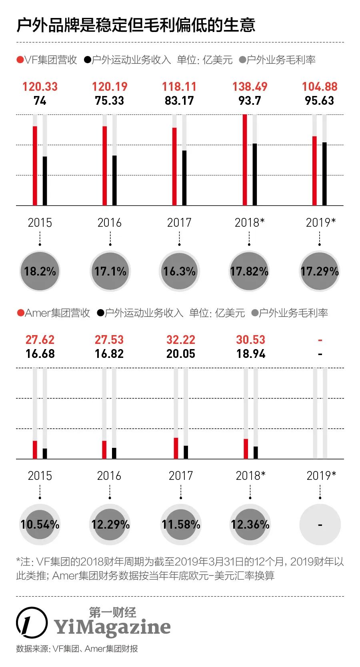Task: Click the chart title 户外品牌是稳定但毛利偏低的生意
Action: [136, 25]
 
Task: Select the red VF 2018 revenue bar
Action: [245, 160]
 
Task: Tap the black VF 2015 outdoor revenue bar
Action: [45, 181]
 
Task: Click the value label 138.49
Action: [250, 86]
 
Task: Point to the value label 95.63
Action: [319, 100]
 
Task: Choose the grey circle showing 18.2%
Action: [40, 272]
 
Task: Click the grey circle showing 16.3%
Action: [179, 272]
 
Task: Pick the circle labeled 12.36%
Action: [250, 525]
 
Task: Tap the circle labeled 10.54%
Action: [40, 525]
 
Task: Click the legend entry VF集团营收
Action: [47, 60]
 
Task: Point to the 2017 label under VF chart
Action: [179, 222]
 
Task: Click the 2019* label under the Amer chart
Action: [321, 475]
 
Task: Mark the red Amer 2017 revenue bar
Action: [176, 448]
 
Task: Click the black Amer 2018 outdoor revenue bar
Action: [256, 453]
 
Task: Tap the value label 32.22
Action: [181, 340]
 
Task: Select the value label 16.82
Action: [109, 354]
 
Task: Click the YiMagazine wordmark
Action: [112, 627]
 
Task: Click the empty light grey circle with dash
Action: [320, 525]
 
